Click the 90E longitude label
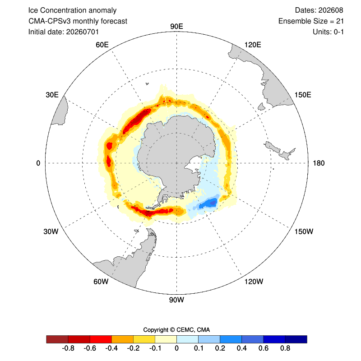pos(176,27)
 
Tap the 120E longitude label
pos(253,45)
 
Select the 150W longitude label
pos(304,231)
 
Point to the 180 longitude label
pos(319,163)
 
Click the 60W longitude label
pos(101,282)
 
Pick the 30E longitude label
pos(52,95)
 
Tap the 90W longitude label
pos(176,300)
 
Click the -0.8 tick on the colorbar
pos(68,348)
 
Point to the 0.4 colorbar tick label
pos(242,348)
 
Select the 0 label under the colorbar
pos(176,348)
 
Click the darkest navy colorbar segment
pos(296,339)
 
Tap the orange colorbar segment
pos(122,339)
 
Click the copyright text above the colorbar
pos(176,330)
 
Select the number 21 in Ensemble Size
pos(340,21)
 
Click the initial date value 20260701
pos(83,32)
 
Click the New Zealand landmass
pos(279,151)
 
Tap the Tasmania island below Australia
pos(261,106)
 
